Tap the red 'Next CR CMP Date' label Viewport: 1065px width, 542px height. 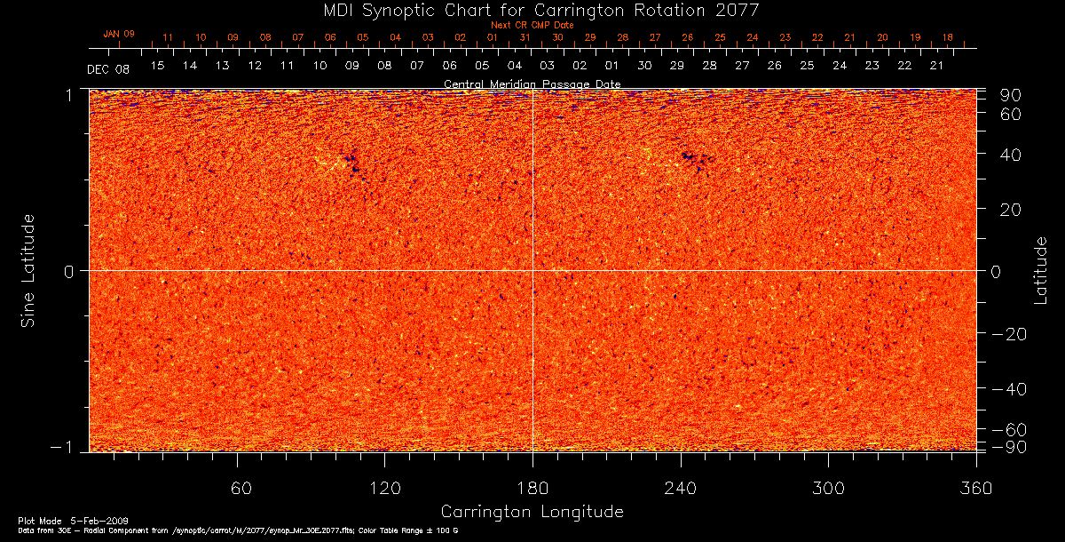click(x=532, y=25)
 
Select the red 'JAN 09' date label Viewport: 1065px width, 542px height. click(x=119, y=34)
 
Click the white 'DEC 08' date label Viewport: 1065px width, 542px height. click(x=108, y=69)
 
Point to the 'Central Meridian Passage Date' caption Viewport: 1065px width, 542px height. click(x=532, y=84)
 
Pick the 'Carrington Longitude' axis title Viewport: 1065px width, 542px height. click(x=532, y=512)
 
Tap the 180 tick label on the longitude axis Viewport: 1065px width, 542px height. click(x=532, y=488)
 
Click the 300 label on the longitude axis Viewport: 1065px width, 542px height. click(x=827, y=488)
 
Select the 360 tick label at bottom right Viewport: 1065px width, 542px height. click(x=976, y=488)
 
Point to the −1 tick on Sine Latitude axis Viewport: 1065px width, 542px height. click(x=72, y=448)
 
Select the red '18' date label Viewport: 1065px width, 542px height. click(x=948, y=37)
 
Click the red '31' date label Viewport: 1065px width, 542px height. click(x=525, y=37)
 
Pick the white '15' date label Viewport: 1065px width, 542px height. click(x=157, y=66)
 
